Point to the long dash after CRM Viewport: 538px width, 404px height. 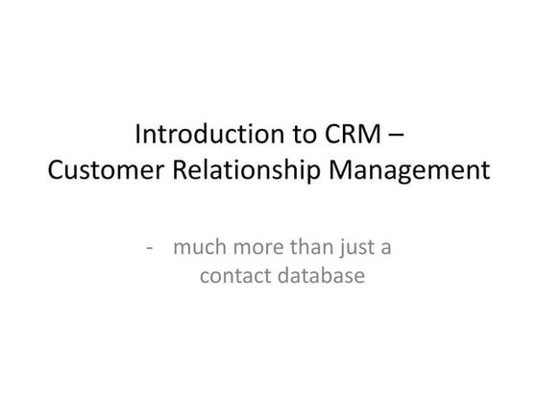[x=396, y=134]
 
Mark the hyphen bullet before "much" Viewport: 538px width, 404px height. [x=151, y=248]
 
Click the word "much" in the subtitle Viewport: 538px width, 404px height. [x=199, y=247]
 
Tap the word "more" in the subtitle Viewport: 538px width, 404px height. [x=254, y=248]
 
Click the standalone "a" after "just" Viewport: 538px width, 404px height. [x=384, y=249]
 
